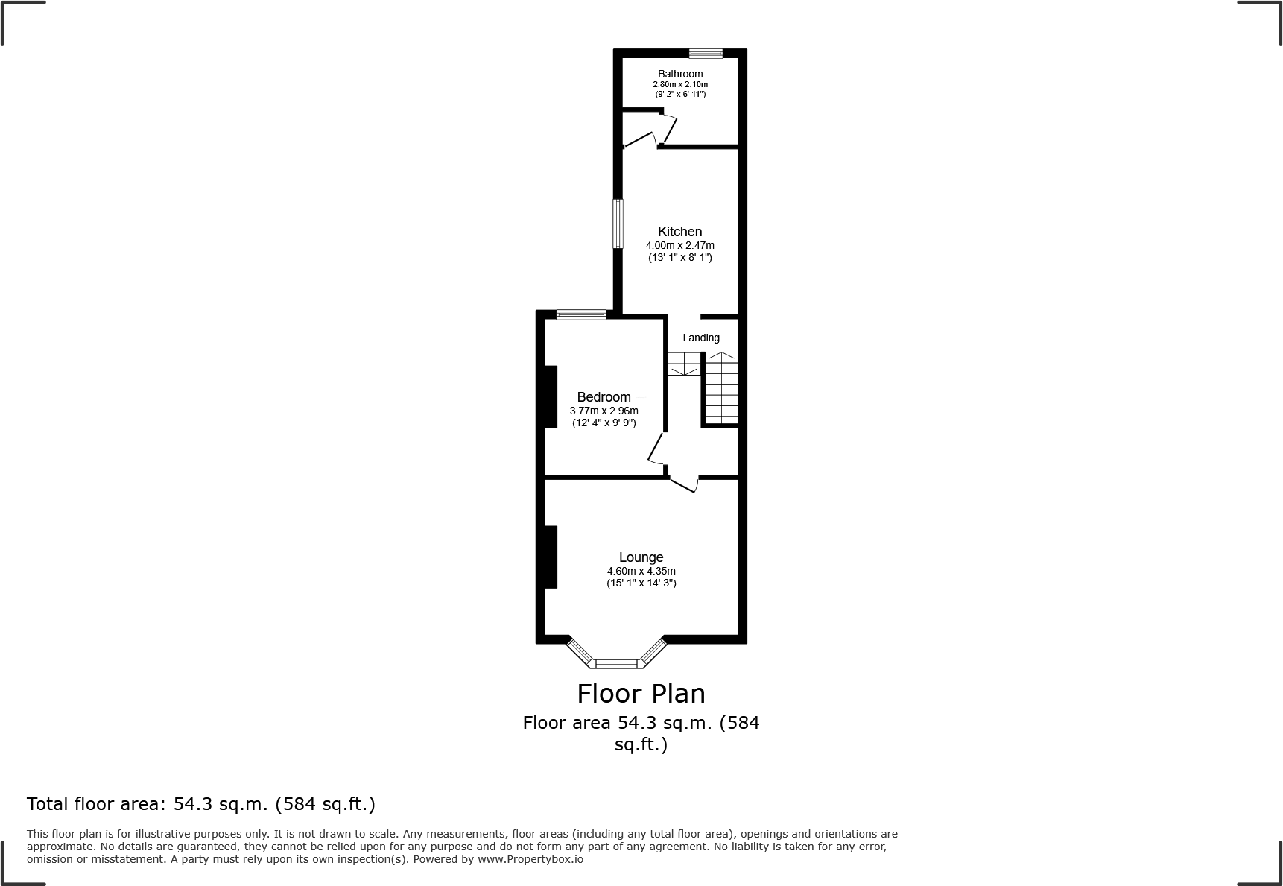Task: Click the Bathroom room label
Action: click(679, 74)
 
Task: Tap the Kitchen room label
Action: click(679, 232)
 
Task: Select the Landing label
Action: click(701, 338)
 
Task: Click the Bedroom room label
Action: click(604, 397)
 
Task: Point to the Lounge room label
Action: click(641, 557)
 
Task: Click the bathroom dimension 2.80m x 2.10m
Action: click(679, 84)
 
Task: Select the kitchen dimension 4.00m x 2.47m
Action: click(679, 245)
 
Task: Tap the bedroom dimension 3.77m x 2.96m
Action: click(604, 411)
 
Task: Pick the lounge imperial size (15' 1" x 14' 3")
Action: click(641, 583)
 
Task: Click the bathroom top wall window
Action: click(706, 53)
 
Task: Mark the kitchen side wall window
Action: click(618, 224)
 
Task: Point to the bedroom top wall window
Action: click(581, 314)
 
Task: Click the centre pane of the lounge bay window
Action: click(617, 662)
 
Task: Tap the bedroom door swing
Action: click(656, 450)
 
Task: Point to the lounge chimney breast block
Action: click(551, 557)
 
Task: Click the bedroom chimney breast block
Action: click(551, 396)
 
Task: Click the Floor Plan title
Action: click(641, 694)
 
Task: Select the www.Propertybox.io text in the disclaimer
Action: click(530, 859)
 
